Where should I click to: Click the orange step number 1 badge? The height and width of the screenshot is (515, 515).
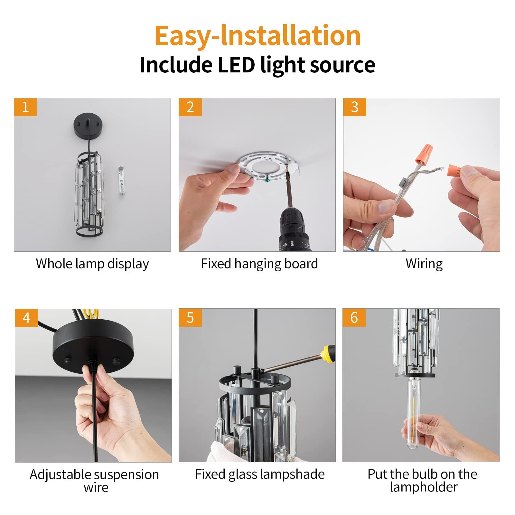coord(25,107)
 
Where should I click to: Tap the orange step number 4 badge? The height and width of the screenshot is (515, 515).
coord(26,318)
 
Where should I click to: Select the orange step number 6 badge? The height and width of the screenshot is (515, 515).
coord(354,318)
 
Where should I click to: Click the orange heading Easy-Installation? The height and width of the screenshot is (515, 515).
coord(257,35)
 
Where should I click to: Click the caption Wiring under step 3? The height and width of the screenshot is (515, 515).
coord(424,264)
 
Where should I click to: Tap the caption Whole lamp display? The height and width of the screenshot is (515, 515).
coord(92,264)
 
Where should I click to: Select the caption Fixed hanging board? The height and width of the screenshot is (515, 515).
coord(259,264)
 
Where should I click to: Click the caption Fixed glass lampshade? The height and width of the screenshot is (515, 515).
coord(260,474)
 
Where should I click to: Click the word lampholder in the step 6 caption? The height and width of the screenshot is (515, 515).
coord(424,487)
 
